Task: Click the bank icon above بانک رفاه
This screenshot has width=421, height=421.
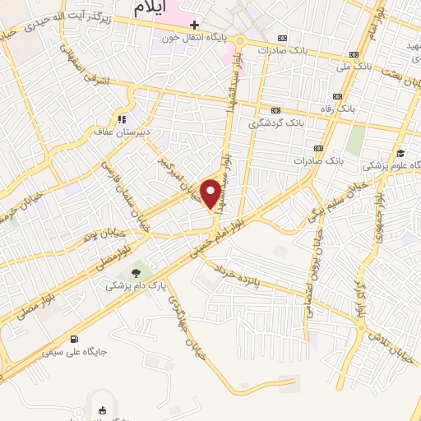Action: (338, 94)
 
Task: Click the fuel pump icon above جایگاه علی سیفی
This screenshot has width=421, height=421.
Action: (76, 339)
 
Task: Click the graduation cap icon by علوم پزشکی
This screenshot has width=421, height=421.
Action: (400, 154)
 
